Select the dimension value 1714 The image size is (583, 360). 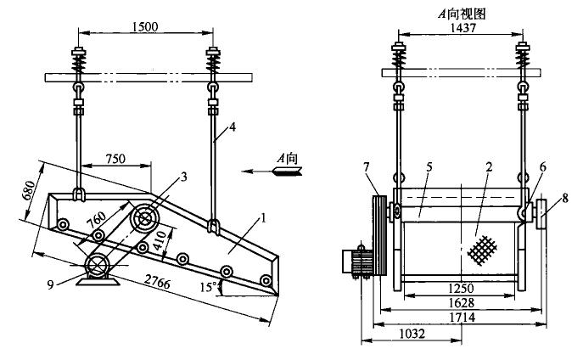[459, 318]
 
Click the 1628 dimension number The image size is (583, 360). [459, 303]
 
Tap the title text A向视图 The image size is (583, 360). [457, 11]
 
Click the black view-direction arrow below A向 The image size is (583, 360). [283, 172]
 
